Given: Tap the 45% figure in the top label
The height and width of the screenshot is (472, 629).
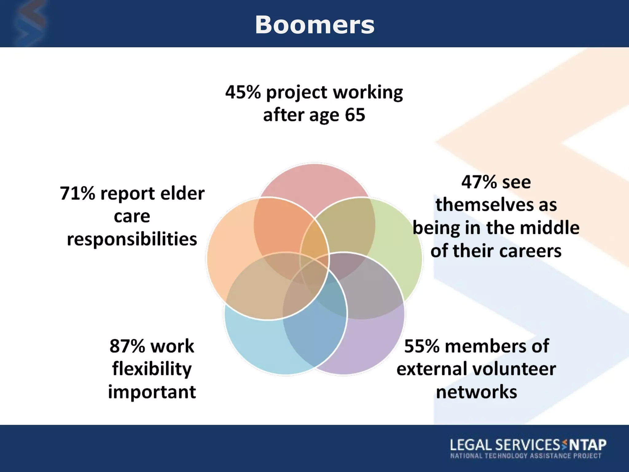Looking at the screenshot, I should pyautogui.click(x=243, y=92).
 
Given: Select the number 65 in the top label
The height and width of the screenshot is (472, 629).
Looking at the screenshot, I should pyautogui.click(x=355, y=115).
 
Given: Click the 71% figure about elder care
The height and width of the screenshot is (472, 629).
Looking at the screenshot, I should pyautogui.click(x=77, y=194).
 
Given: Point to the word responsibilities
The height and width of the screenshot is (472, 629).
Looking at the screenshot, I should pyautogui.click(x=132, y=239).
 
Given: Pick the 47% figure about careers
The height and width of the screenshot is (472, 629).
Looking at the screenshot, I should pyautogui.click(x=479, y=182).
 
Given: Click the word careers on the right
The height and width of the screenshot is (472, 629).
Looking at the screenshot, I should pyautogui.click(x=530, y=251).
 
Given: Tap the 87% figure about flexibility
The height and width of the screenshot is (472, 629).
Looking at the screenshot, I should pyautogui.click(x=127, y=346).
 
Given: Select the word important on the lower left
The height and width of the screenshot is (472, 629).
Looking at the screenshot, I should pyautogui.click(x=152, y=392).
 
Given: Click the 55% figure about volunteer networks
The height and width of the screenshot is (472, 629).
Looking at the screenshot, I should pyautogui.click(x=422, y=346).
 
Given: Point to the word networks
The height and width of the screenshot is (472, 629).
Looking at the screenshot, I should pyautogui.click(x=476, y=392).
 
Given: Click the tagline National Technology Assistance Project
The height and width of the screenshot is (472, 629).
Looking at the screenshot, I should pyautogui.click(x=525, y=456).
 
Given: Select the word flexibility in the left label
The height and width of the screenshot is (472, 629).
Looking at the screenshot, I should pyautogui.click(x=152, y=369).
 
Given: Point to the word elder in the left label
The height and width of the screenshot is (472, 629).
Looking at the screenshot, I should pyautogui.click(x=182, y=194).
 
